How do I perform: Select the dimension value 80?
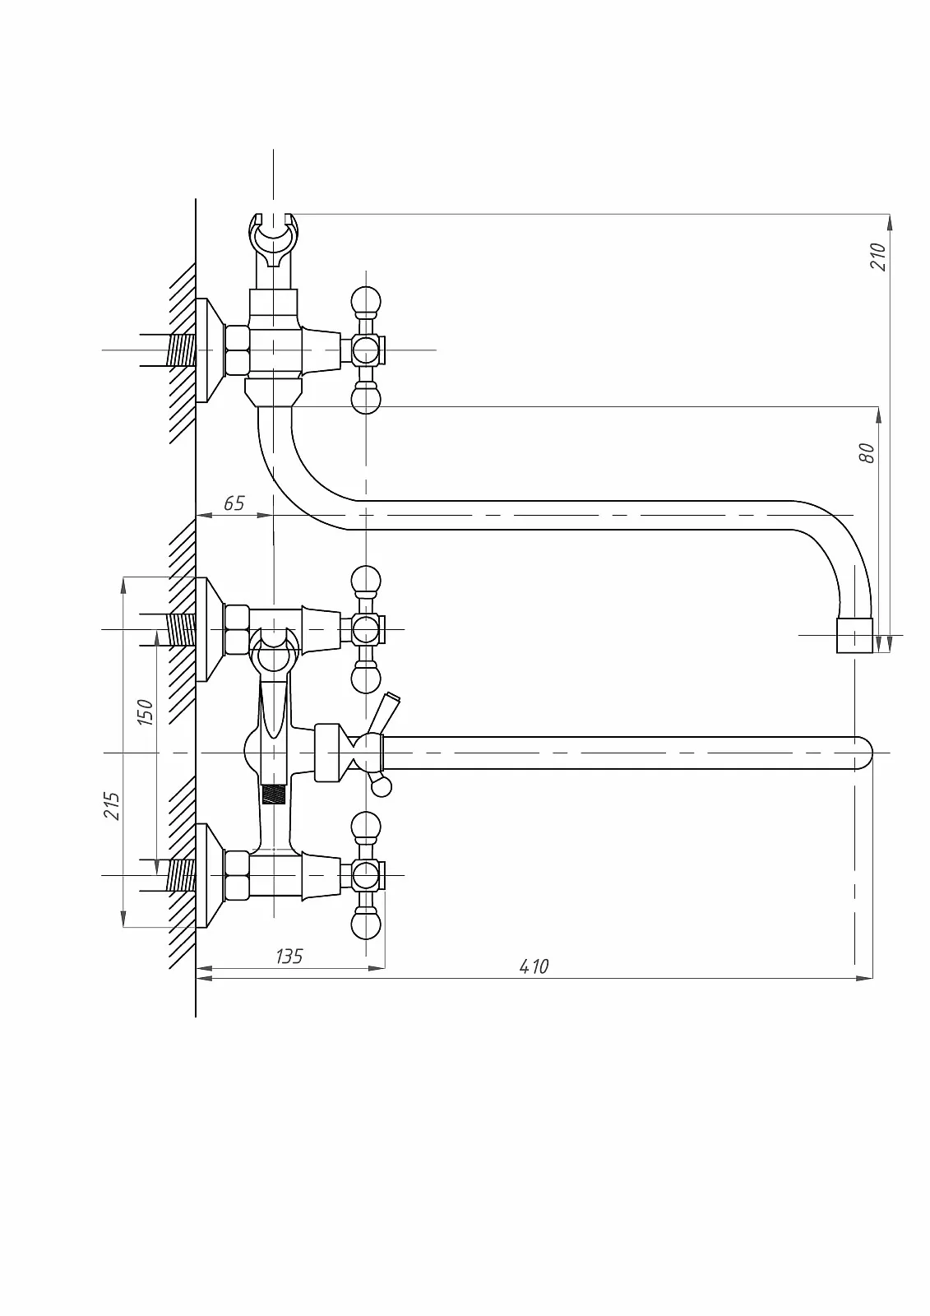coord(868,453)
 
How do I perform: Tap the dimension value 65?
coord(234,503)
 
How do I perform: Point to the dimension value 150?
coord(145,712)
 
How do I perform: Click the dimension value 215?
coord(112,805)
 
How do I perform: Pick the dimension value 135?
coord(289,957)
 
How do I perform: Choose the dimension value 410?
coord(534,966)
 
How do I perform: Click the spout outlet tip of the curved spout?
coord(854,636)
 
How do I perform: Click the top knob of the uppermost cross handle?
coord(365,301)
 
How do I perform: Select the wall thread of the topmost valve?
coord(181,350)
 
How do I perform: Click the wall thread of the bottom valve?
coord(181,875)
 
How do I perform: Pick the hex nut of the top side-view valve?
coord(238,350)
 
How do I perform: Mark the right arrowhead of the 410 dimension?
coord(865,978)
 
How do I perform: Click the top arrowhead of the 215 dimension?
coord(123,586)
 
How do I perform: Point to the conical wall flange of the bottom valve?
coord(210,876)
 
